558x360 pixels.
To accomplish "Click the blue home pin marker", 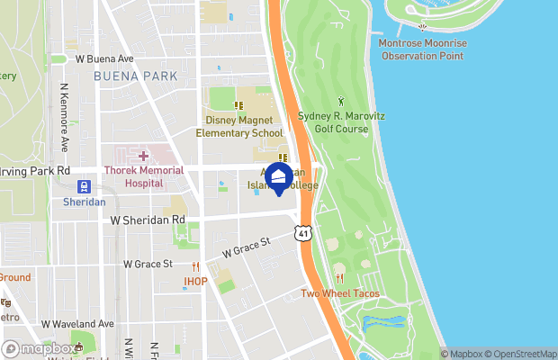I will coord(279,176).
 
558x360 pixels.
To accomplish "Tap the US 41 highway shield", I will coord(303,233).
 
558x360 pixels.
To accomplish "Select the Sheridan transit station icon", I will coord(84,186).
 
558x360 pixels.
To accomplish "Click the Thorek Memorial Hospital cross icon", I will coord(143,157).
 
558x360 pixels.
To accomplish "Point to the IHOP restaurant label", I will coord(195,281).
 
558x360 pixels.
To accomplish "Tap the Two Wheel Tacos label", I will coord(339,293).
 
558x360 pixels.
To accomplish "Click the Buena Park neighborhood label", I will coord(135,76).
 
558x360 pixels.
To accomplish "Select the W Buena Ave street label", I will coord(104,58).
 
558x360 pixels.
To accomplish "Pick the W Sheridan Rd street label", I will coord(148,219).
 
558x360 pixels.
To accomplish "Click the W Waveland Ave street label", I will coord(77,323).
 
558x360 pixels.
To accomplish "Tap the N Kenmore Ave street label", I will coord(64,118).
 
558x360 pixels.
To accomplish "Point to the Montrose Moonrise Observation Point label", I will coord(422,49).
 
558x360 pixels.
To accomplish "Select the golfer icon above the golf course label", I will coord(340,102).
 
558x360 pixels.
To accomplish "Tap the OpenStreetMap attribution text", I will coord(520,354).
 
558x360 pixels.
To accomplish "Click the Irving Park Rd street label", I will coord(36,170).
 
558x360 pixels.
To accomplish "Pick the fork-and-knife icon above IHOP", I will coord(195,265).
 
